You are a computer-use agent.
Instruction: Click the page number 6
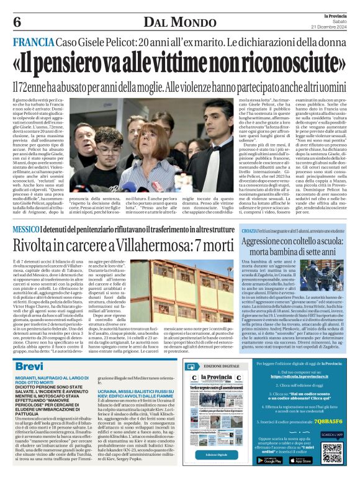pos(16,21)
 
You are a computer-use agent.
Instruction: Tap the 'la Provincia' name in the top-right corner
pos(336,14)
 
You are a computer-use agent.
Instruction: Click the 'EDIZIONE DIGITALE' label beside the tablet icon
pos(225,366)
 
